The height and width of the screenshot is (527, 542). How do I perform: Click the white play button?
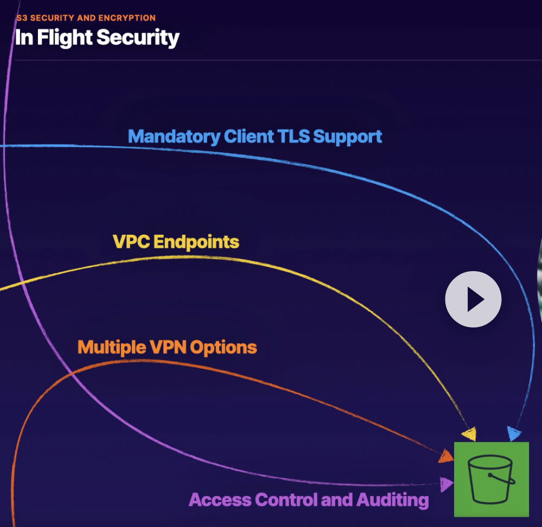(x=473, y=299)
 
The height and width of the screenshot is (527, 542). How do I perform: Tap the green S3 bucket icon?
(x=491, y=479)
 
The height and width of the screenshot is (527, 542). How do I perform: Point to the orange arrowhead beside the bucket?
(x=447, y=456)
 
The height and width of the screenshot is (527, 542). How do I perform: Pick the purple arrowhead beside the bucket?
(x=447, y=484)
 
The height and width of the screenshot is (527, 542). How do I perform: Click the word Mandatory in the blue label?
(x=174, y=137)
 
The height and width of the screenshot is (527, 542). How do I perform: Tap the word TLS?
(x=294, y=136)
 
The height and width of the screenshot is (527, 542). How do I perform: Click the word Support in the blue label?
(x=347, y=137)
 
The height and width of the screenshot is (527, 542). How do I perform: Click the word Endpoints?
(x=196, y=242)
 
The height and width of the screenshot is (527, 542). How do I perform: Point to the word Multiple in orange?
(x=112, y=348)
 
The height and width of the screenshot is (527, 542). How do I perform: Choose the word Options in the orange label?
(x=224, y=348)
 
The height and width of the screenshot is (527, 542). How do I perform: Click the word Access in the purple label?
(x=220, y=500)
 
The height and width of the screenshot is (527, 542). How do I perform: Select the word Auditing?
(x=393, y=500)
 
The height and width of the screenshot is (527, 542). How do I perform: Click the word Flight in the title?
(x=65, y=37)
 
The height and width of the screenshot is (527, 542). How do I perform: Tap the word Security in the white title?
(x=138, y=37)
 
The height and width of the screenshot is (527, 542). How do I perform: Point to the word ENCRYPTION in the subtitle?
(x=127, y=18)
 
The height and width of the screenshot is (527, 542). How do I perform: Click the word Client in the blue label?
(x=249, y=136)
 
